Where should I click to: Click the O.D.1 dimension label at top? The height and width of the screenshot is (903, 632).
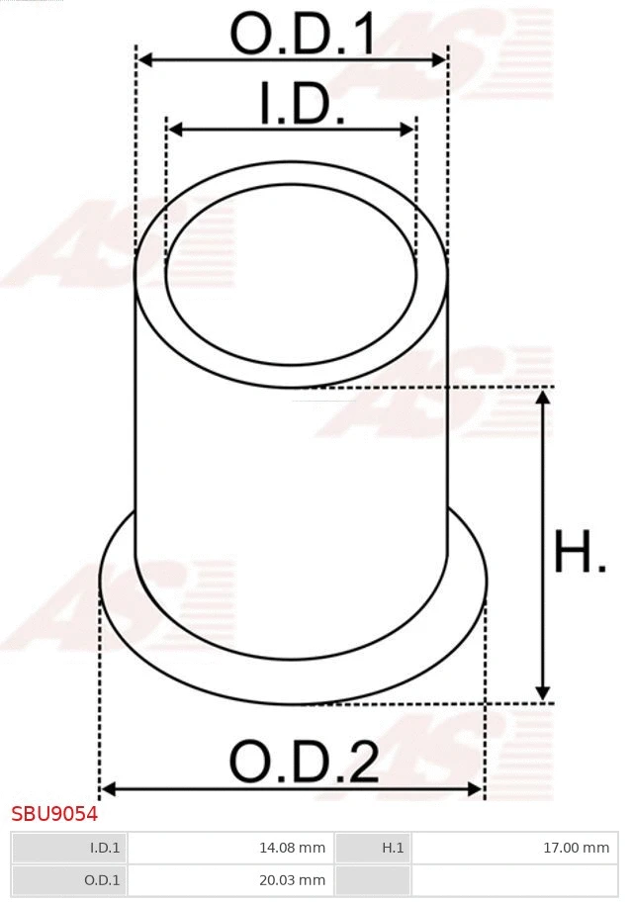pyautogui.click(x=303, y=35)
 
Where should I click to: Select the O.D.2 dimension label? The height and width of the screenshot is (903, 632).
pyautogui.click(x=304, y=762)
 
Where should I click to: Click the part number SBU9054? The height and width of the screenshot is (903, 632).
pyautogui.click(x=54, y=814)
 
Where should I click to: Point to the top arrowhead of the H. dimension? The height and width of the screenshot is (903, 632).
pyautogui.click(x=542, y=397)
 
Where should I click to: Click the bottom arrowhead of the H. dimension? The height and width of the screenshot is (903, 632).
pyautogui.click(x=542, y=694)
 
